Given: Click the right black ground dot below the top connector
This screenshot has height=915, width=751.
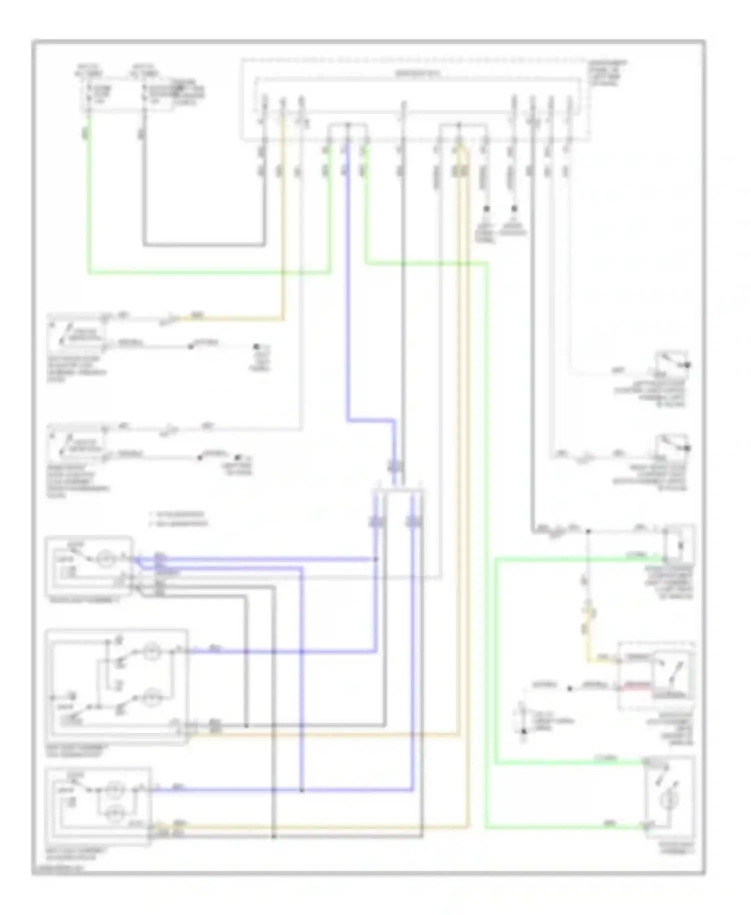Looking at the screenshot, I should (x=514, y=207).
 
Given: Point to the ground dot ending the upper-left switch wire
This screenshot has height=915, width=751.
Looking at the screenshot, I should (x=256, y=346).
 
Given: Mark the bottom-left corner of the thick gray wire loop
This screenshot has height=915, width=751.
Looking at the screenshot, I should (x=144, y=245).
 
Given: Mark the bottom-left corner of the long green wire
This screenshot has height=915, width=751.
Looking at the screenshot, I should (x=89, y=273).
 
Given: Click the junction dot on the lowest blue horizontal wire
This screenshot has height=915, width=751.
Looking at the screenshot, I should (x=301, y=790).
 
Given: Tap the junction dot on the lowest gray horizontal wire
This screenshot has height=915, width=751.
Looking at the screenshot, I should (x=273, y=836).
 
